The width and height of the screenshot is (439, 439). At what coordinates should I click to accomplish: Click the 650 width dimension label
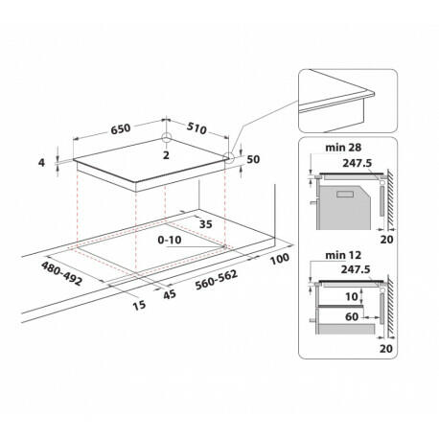[121, 128]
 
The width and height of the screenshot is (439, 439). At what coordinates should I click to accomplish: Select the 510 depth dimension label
[196, 128]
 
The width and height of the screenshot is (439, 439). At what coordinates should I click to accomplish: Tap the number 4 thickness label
[41, 163]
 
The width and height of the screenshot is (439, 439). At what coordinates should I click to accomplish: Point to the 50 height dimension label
[253, 159]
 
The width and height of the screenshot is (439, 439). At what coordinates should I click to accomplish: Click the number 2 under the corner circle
[166, 155]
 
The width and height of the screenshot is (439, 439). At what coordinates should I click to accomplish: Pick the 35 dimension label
[205, 224]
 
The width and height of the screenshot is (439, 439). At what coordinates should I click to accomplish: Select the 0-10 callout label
[170, 240]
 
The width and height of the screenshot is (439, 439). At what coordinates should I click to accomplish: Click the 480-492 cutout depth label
[61, 273]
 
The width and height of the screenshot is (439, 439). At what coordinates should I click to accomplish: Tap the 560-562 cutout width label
[217, 280]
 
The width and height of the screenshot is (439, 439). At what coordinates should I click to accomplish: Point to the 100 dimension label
[280, 259]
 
